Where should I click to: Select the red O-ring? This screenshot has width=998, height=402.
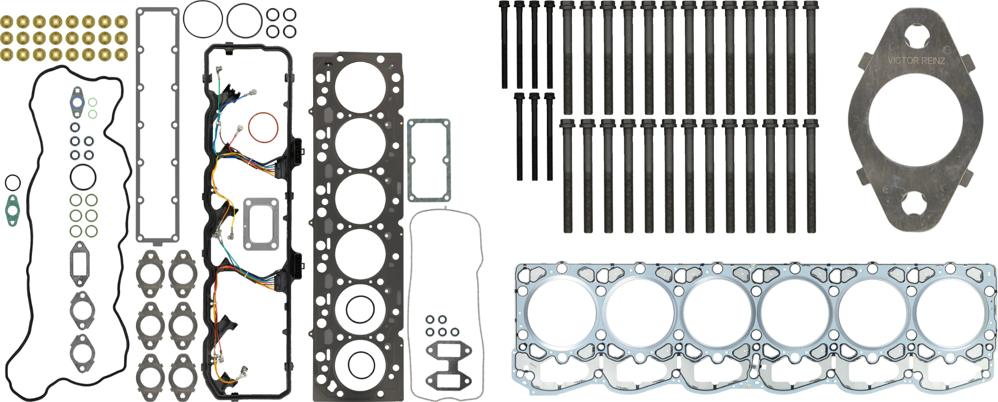click(x=263, y=128)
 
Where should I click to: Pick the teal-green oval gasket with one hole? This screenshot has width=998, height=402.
click(x=12, y=211)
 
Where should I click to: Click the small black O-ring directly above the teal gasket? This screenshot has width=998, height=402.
click(x=13, y=183)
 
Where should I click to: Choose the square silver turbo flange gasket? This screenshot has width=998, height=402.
click(x=261, y=224)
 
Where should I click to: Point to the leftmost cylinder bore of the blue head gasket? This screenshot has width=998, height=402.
click(x=561, y=314)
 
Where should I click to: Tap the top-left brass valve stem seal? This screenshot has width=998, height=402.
click(x=7, y=22)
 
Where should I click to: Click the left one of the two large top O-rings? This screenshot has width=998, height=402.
click(x=203, y=19)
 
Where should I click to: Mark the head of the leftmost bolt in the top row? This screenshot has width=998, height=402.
click(x=504, y=5)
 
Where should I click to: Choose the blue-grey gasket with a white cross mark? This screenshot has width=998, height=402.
click(x=76, y=102)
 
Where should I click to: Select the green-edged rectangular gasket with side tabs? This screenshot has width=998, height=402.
click(x=429, y=160)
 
